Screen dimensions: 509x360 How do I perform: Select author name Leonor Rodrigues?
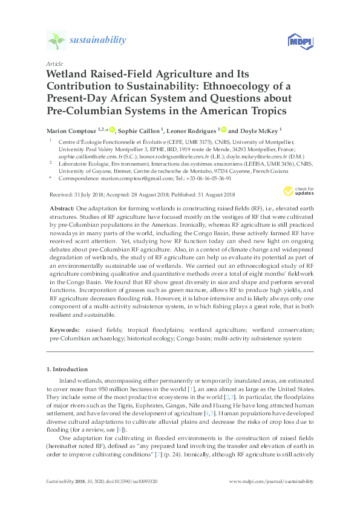(x=198, y=130)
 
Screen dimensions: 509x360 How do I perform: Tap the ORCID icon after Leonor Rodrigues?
(x=224, y=129)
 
